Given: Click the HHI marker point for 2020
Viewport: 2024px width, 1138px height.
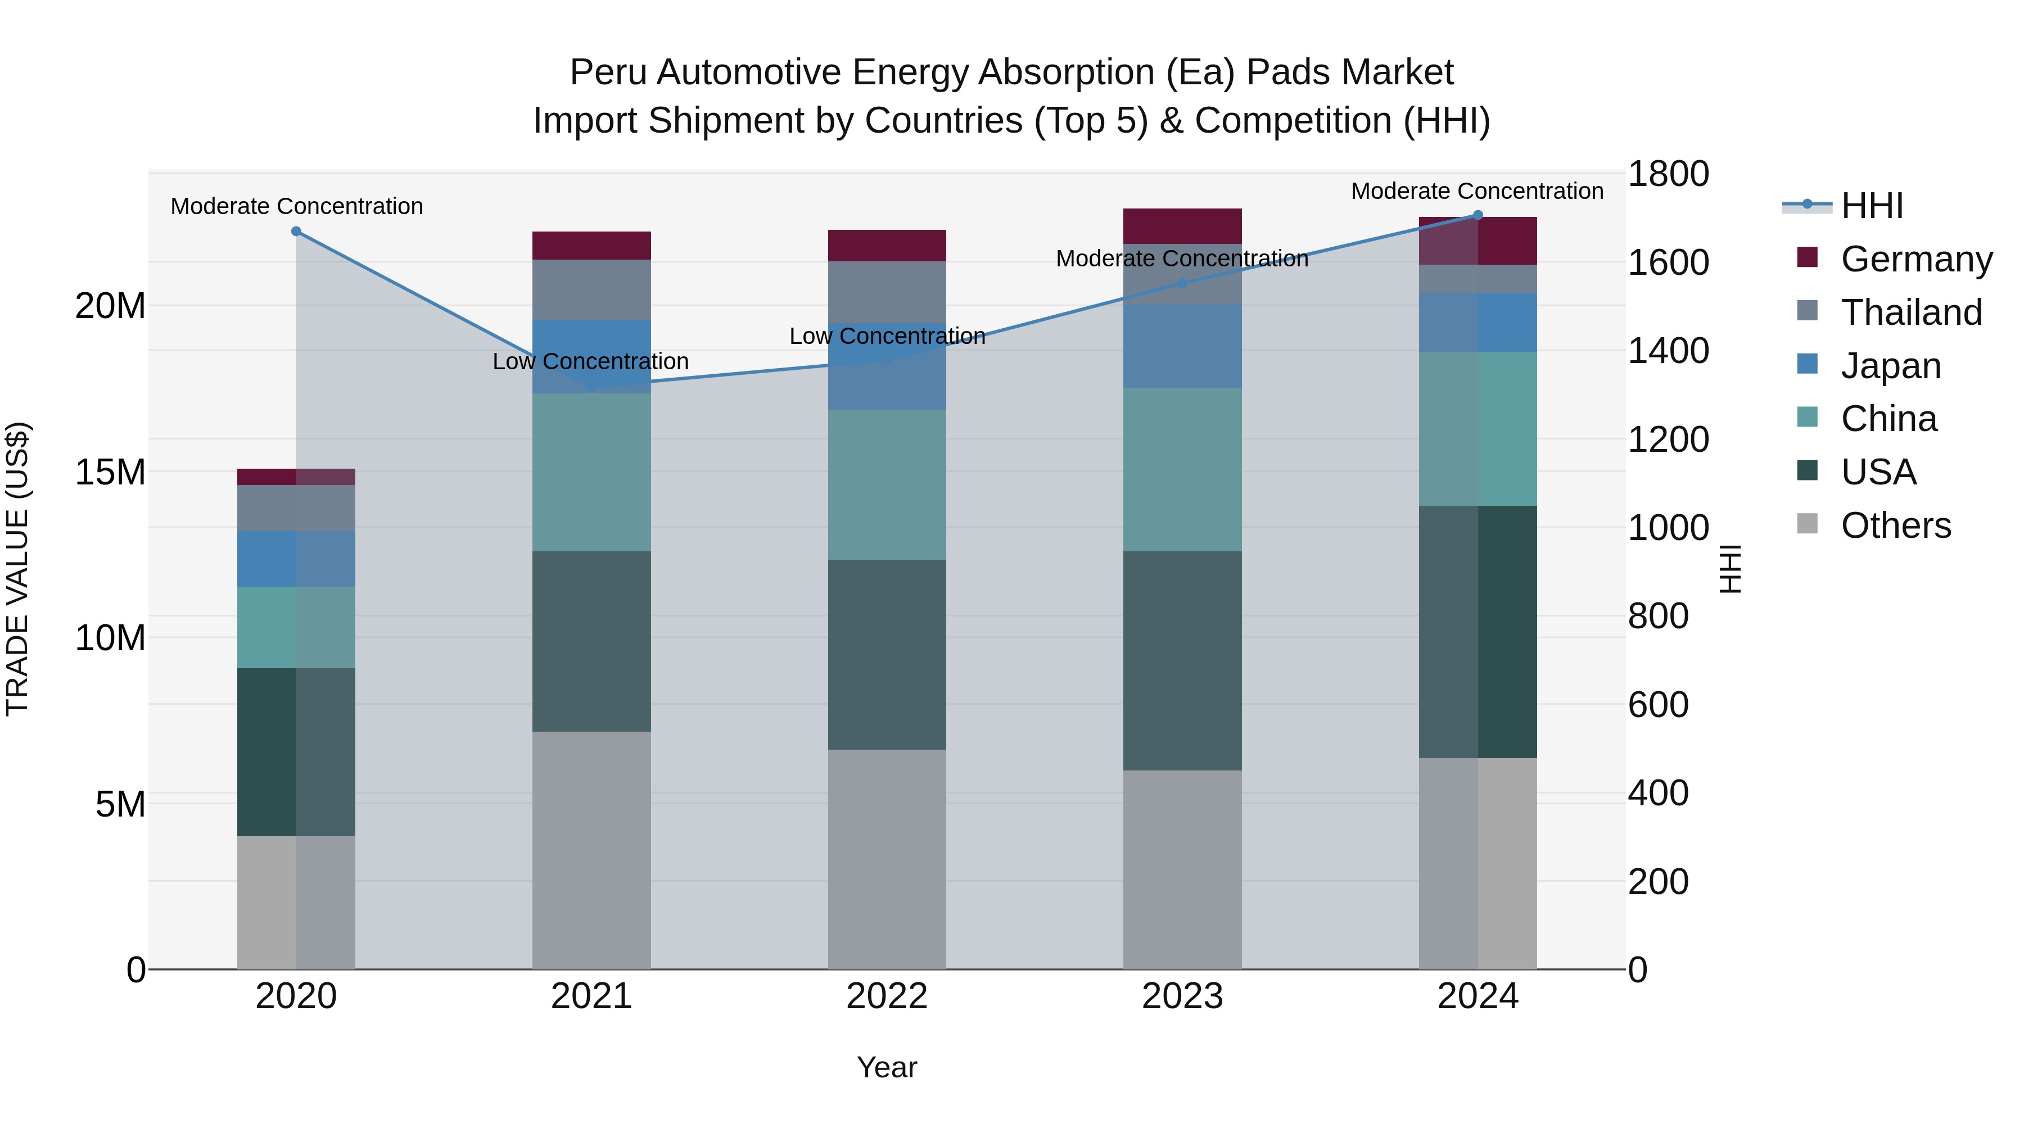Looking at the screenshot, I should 296,231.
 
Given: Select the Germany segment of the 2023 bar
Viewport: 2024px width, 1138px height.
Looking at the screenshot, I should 1182,226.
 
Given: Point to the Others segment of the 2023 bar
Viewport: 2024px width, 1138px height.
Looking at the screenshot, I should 1182,869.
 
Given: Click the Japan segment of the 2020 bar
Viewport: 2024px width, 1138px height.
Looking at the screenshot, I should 296,559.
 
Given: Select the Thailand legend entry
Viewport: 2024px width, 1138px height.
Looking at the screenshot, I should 1911,312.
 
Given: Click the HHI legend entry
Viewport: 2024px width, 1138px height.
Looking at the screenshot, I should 1872,206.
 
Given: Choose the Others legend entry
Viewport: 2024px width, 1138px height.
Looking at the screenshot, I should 1895,525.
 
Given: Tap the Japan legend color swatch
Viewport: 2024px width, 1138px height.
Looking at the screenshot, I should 1807,364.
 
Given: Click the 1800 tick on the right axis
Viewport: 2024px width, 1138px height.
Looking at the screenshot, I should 1668,174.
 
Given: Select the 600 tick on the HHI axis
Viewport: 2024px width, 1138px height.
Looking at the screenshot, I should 1658,705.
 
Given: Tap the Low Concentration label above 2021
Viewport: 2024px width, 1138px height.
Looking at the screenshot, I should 590,361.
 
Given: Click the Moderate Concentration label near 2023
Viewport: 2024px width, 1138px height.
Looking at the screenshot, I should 1182,259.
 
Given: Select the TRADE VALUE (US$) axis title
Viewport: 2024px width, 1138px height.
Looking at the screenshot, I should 17,569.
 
